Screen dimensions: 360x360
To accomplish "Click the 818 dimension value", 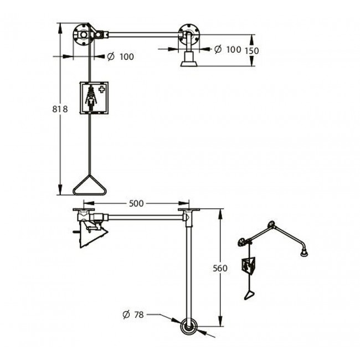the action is point(60,109).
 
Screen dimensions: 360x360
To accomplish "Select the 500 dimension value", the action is point(136,203).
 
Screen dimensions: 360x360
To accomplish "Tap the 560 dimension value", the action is point(220,268).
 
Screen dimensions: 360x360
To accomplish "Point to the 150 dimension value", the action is point(252,51).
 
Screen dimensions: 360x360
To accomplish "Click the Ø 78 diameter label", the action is point(133,315).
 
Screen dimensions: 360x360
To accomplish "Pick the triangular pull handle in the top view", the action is point(90,186).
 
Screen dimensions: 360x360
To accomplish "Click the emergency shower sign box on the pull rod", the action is point(94,98).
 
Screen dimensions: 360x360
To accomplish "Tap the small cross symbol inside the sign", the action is point(101,89).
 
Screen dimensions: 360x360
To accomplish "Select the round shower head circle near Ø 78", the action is point(189,327).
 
